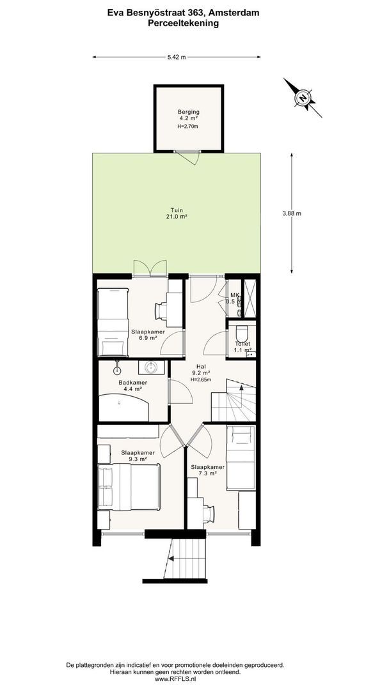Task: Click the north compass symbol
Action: (303, 98)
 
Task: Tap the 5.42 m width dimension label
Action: (176, 57)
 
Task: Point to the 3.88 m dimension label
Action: (292, 213)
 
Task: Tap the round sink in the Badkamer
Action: (152, 366)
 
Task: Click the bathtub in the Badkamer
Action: (125, 408)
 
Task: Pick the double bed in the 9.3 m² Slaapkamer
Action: (129, 487)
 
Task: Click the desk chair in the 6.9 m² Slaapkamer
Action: (162, 310)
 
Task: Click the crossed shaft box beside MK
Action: (250, 298)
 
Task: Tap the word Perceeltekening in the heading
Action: (183, 24)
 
